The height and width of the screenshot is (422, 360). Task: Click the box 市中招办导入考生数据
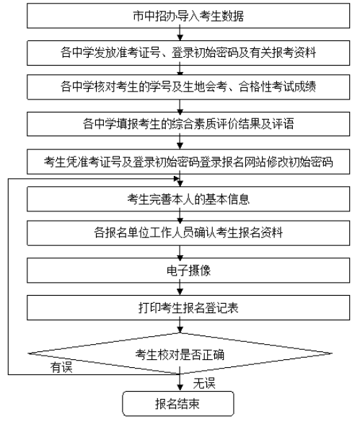(x=179, y=14)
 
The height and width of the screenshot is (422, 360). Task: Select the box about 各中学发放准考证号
(x=179, y=52)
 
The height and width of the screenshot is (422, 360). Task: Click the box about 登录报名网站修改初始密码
(x=179, y=159)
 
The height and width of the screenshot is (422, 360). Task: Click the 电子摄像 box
(x=179, y=270)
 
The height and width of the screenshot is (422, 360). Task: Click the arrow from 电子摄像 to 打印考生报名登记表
(x=179, y=289)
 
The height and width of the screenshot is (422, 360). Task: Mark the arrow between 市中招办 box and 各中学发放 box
(x=179, y=33)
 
